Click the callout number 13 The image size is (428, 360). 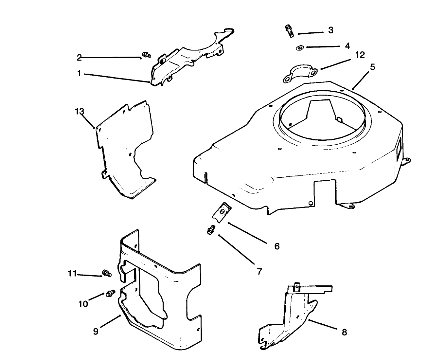[80, 111]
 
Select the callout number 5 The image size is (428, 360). [373, 67]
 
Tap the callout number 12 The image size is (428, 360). [360, 55]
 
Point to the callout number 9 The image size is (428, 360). [96, 332]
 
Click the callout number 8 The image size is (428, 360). [344, 332]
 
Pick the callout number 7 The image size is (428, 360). [259, 271]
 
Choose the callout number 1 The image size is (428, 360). [79, 74]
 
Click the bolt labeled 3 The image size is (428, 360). [289, 31]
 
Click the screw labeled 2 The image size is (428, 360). [146, 54]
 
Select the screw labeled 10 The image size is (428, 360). [110, 293]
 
